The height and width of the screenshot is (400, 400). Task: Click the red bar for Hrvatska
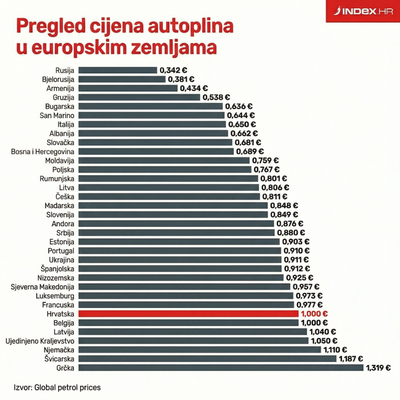pos(188,314)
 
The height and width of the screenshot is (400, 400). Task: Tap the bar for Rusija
pos(118,70)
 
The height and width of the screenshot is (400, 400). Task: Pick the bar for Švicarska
pos(207,359)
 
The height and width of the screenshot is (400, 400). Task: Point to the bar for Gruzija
pos(139,97)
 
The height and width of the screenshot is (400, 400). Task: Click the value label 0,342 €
pos(174,70)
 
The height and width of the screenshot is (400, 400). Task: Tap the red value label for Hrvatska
pos(314,314)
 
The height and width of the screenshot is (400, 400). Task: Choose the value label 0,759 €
pos(265,161)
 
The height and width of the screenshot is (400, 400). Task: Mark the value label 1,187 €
pos(351,359)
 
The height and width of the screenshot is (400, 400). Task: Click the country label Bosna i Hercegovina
pos(43,152)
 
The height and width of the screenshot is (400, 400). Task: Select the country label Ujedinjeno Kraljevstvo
pos(40,341)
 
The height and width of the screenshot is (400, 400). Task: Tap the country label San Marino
pos(57,115)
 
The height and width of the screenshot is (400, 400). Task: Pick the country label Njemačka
pos(58,350)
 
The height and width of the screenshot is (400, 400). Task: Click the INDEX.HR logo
pos(363,11)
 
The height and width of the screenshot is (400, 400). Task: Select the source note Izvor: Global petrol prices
pos(58,387)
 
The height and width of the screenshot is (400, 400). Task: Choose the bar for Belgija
pos(188,323)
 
